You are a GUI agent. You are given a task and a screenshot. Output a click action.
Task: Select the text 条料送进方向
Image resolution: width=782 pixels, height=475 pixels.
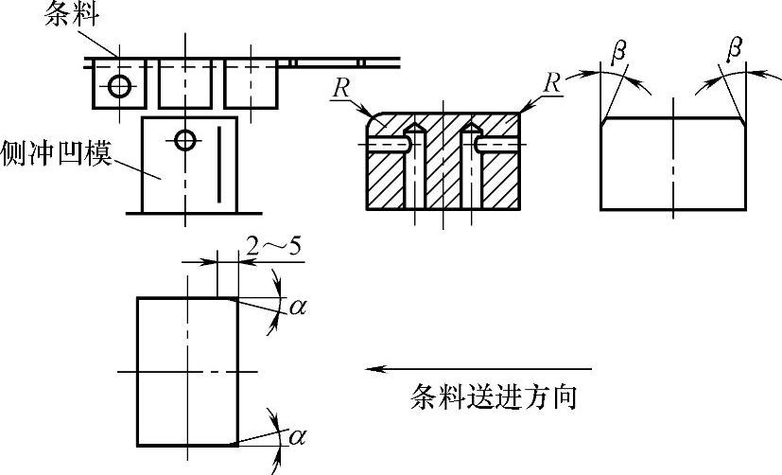[493, 396]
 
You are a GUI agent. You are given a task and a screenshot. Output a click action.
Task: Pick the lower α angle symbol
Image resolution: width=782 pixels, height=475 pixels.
[298, 436]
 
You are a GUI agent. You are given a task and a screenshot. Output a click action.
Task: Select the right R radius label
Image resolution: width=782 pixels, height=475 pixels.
[551, 81]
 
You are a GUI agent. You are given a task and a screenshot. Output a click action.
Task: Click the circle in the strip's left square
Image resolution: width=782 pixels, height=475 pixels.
[117, 86]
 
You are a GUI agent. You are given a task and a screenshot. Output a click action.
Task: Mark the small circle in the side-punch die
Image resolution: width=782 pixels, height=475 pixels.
[183, 141]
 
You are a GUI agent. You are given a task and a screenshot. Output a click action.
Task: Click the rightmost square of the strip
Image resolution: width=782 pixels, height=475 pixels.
[252, 85]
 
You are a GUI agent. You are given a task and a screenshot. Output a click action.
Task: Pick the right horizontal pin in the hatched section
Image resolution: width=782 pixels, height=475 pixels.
[495, 143]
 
